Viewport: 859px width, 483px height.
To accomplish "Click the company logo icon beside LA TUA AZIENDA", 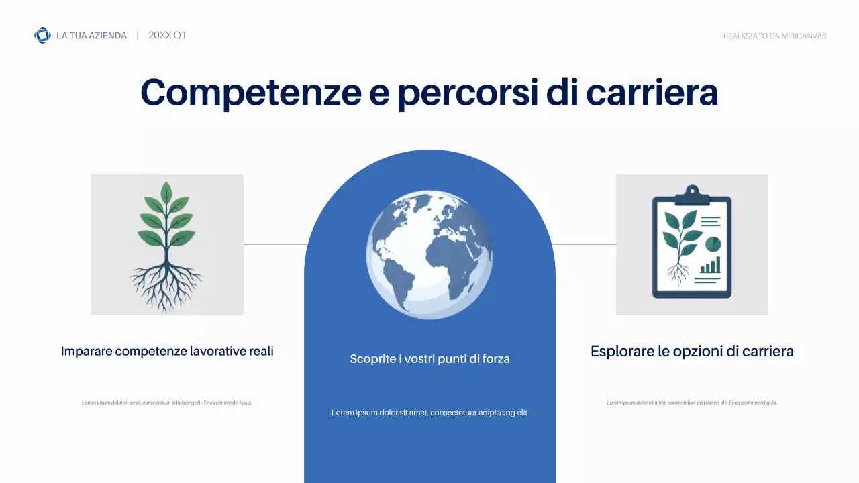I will coord(42,35).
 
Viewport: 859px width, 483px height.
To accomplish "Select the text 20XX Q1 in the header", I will coord(167,35).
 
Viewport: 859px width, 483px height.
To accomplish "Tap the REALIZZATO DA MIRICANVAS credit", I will coord(774,36).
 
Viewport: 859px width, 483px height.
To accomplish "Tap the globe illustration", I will coord(429,254).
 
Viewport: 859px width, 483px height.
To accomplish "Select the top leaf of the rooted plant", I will coord(166,192).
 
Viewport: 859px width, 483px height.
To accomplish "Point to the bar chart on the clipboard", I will coord(710,266).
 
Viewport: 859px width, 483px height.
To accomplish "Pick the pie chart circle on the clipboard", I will coord(713,241).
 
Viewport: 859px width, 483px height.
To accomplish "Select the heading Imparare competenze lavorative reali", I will coord(167,351).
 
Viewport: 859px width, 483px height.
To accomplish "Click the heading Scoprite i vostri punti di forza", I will coord(429,359).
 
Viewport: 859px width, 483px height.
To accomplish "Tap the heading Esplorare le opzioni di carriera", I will coord(692,351).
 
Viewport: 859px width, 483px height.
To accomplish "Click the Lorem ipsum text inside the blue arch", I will coord(429,413).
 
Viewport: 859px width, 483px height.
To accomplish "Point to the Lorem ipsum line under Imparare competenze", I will coord(167,402).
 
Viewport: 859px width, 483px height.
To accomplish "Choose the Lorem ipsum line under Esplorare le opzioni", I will coord(692,402).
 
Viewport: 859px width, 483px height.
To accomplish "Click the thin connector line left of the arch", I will coord(274,245).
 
